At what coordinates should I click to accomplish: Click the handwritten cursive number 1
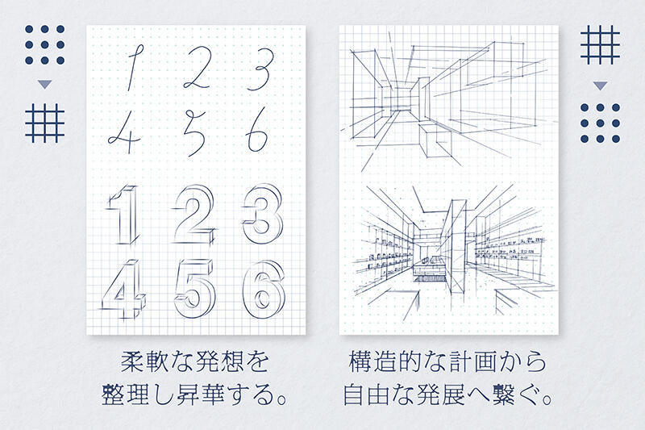(x=132, y=68)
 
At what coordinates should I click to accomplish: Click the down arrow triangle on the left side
(x=44, y=85)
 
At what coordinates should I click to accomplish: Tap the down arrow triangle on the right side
(x=600, y=86)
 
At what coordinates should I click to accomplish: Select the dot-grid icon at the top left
(x=44, y=44)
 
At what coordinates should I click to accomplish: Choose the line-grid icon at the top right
(x=600, y=44)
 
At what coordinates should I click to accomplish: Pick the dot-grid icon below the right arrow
(x=600, y=123)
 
